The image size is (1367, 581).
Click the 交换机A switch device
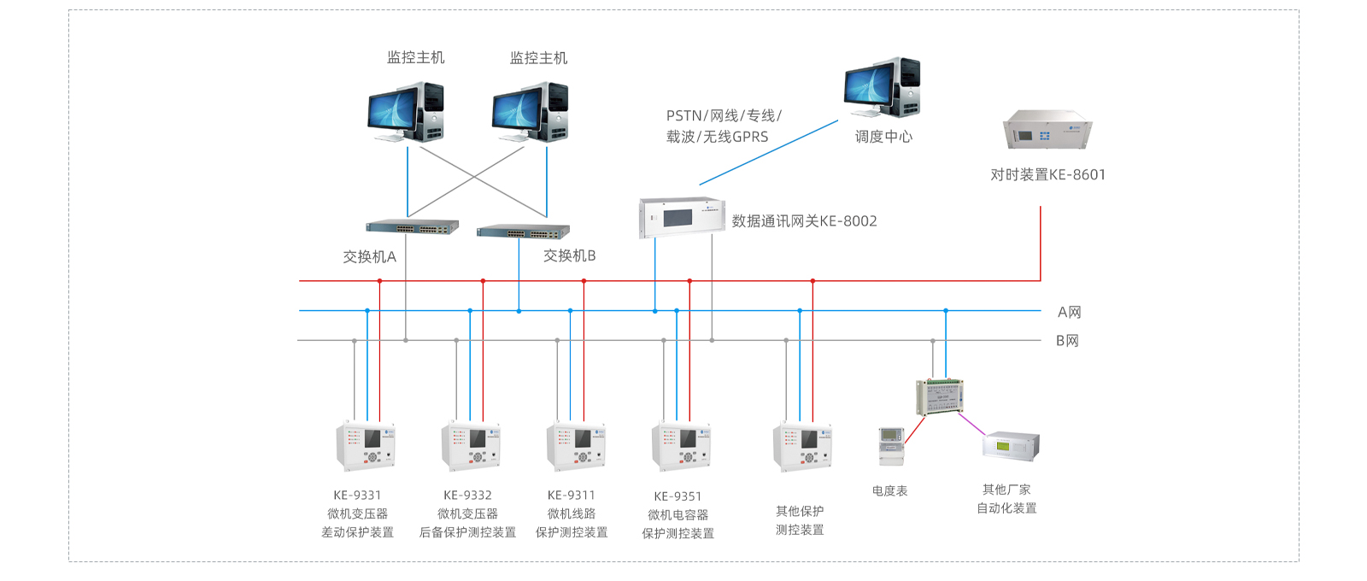pyautogui.click(x=412, y=227)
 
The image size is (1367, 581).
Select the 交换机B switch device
pyautogui.click(x=523, y=231)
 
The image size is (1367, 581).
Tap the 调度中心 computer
pyautogui.click(x=882, y=88)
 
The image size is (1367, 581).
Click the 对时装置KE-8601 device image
pyautogui.click(x=1047, y=131)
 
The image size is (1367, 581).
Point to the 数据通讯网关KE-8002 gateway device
pyautogui.click(x=682, y=217)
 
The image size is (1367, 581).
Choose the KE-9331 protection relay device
pyautogui.click(x=366, y=446)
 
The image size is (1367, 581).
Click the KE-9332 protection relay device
pyautogui.click(x=471, y=446)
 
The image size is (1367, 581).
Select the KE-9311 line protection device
pyautogui.click(x=576, y=446)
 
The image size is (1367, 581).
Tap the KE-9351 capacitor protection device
pyautogui.click(x=681, y=446)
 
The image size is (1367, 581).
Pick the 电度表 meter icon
pyautogui.click(x=891, y=446)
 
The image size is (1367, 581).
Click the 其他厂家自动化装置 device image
pyautogui.click(x=1011, y=446)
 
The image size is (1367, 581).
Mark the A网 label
pyautogui.click(x=1069, y=313)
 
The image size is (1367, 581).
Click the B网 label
pyautogui.click(x=1067, y=341)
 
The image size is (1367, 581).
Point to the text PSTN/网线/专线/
pyautogui.click(x=723, y=116)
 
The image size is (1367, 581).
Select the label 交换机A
pyautogui.click(x=369, y=257)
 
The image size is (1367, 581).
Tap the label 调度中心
pyautogui.click(x=883, y=137)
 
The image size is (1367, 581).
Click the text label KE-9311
pyautogui.click(x=571, y=496)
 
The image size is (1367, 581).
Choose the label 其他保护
pyautogui.click(x=800, y=512)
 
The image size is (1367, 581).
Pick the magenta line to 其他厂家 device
pyautogui.click(x=971, y=424)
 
